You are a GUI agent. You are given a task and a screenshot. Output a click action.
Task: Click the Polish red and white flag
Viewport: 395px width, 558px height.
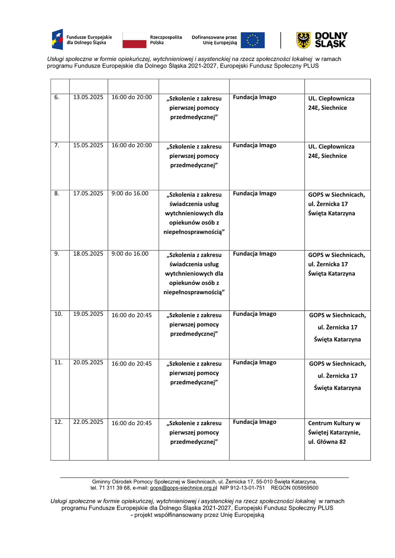tap(134, 40)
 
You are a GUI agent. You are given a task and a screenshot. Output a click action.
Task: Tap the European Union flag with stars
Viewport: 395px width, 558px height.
tap(253, 40)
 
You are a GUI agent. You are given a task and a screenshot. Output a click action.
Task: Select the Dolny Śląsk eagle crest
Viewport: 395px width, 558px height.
tap(303, 40)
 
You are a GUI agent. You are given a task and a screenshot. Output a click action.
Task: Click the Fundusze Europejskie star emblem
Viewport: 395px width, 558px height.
tap(58, 40)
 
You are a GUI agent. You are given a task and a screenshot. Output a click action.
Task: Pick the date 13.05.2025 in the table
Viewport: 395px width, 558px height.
tap(88, 97)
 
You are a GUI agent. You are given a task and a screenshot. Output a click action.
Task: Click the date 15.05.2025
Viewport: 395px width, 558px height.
tap(88, 145)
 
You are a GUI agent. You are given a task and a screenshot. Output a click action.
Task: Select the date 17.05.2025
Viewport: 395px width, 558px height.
tap(88, 194)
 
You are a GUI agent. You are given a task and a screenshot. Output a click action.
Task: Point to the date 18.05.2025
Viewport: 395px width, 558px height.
tap(88, 254)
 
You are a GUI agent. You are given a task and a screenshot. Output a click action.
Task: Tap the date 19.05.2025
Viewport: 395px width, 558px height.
tap(88, 314)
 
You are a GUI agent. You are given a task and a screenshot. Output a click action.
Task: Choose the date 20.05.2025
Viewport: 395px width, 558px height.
tap(88, 362)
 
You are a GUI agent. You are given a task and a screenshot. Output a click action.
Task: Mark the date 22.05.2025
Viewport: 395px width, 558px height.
tap(88, 422)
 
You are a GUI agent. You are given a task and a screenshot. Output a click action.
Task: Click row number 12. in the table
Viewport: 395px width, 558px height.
tap(59, 422)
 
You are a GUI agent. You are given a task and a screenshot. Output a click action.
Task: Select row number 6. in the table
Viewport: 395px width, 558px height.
tap(57, 97)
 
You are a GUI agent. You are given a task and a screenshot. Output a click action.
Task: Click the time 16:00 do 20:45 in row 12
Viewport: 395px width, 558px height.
tap(132, 423)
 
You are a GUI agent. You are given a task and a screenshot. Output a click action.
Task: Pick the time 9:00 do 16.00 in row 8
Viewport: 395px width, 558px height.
tap(130, 194)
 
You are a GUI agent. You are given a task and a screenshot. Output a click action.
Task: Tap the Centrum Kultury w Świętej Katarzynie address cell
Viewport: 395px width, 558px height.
tap(334, 432)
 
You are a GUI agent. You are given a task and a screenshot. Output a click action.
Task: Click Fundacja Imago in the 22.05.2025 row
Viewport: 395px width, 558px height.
tap(255, 422)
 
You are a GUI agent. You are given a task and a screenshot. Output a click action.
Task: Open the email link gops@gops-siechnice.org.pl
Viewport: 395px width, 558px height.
tap(183, 488)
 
